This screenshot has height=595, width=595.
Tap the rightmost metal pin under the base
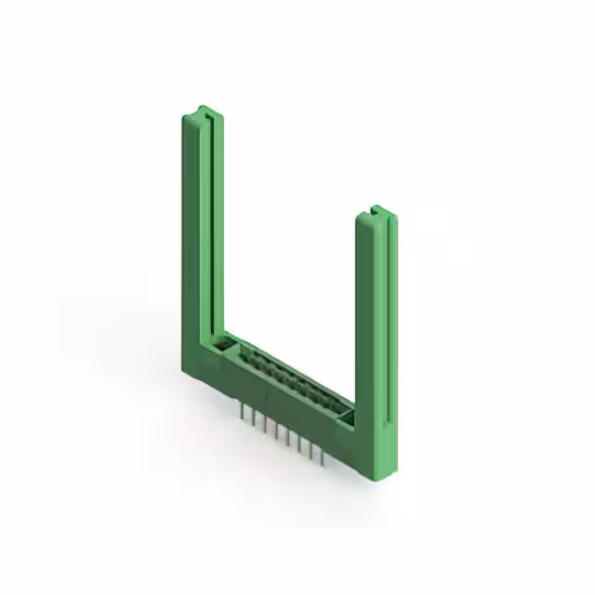click(x=322, y=456)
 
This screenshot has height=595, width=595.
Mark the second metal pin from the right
click(x=311, y=451)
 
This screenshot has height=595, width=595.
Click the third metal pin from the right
click(x=299, y=444)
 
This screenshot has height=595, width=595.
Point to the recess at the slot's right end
click(x=347, y=419)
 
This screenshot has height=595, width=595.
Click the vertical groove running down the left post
click(x=211, y=223)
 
